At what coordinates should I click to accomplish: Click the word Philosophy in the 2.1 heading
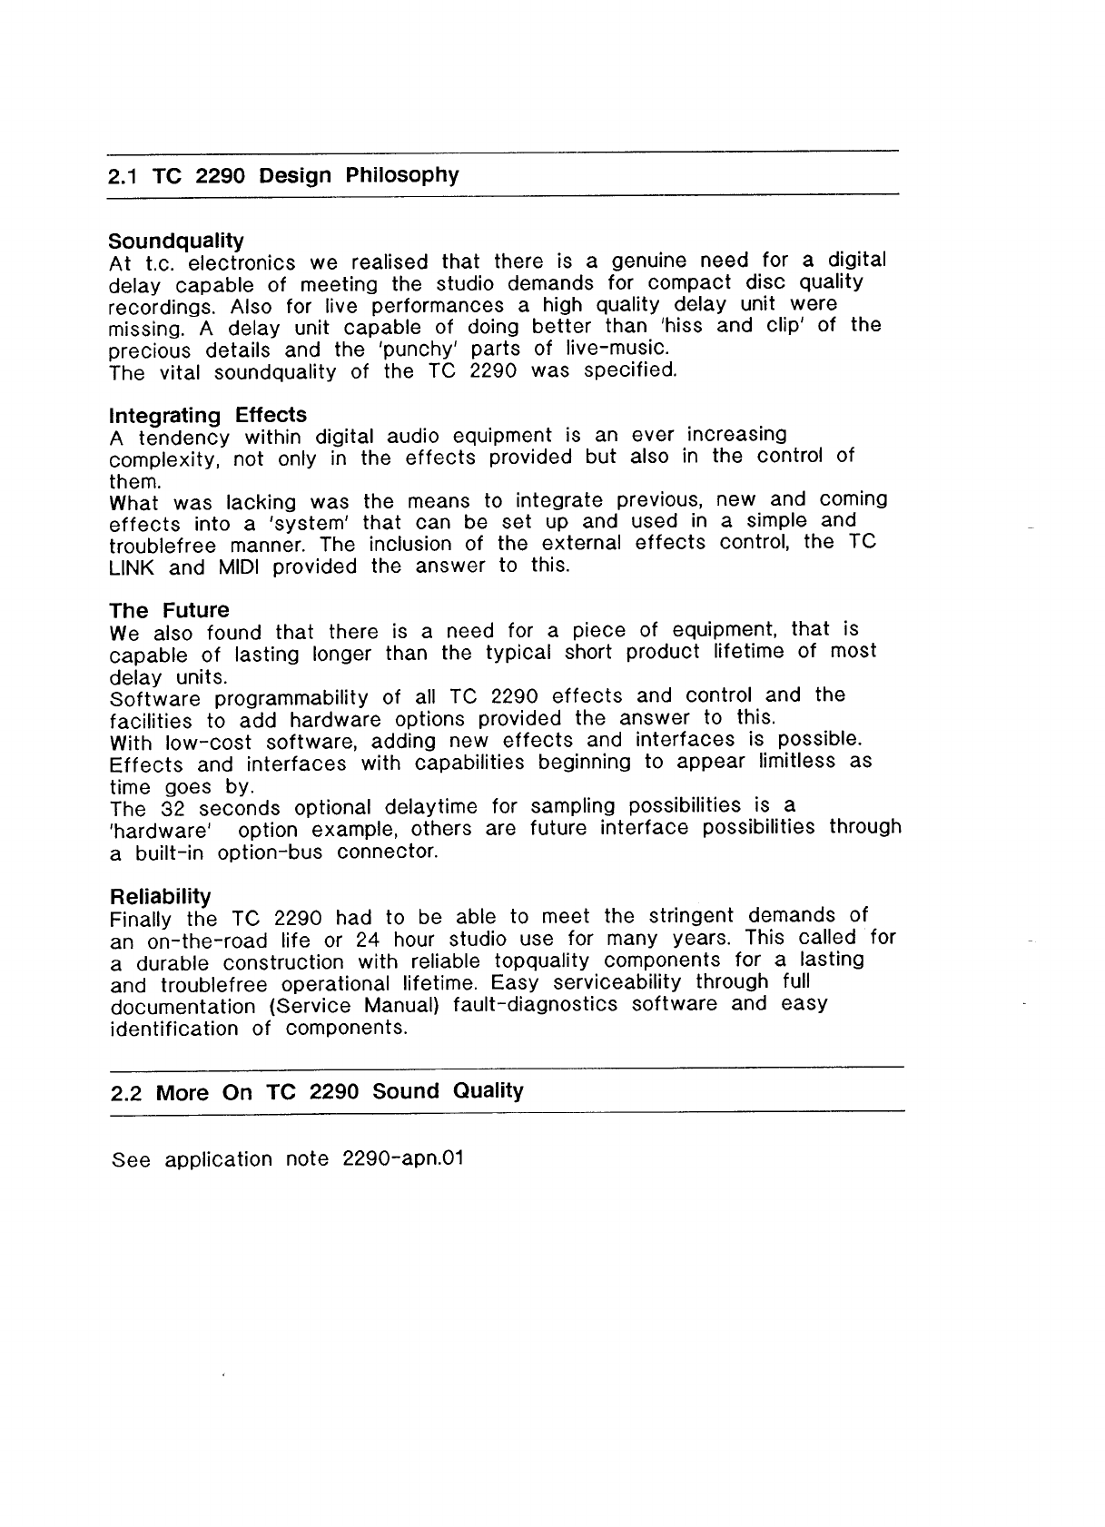pos(402,175)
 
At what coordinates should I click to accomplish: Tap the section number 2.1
pos(122,176)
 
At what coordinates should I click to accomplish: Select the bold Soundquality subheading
pos(176,241)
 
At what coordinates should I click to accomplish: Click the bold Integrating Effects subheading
pos(208,416)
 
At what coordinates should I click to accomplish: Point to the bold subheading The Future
pos(169,610)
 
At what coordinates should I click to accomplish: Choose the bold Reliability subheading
pos(160,896)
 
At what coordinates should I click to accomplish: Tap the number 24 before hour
pos(367,939)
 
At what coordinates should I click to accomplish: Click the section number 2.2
pos(125,1093)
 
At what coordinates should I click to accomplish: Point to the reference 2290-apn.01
pos(404,1159)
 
